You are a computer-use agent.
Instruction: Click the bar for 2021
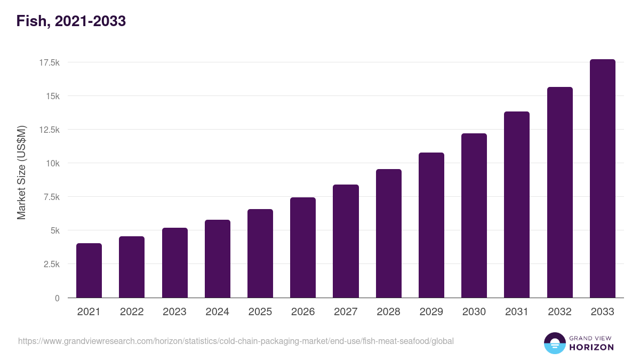[x=89, y=270]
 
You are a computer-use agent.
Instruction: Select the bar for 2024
[x=218, y=259]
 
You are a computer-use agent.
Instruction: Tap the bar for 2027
[x=346, y=241]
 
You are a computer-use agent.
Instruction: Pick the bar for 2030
[x=474, y=215]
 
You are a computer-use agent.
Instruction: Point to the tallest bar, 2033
[x=602, y=179]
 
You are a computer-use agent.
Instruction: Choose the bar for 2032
[x=559, y=193]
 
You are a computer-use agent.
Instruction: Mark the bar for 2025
[x=260, y=253]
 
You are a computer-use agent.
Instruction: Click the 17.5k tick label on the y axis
[x=49, y=62]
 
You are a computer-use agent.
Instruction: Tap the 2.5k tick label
[x=51, y=264]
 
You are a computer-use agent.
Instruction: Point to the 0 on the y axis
[x=57, y=298]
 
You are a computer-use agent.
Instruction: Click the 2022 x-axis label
[x=132, y=312]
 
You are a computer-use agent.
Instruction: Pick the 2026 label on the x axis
[x=303, y=312]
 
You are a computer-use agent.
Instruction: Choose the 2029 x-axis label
[x=431, y=312]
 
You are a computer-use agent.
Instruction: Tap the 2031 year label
[x=517, y=312]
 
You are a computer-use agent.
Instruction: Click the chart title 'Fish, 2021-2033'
[x=71, y=21]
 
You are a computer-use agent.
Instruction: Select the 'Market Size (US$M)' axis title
[x=21, y=172]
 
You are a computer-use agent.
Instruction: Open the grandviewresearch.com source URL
[x=236, y=341]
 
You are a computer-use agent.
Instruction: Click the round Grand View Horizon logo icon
[x=555, y=343]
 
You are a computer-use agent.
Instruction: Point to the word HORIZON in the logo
[x=592, y=347]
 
